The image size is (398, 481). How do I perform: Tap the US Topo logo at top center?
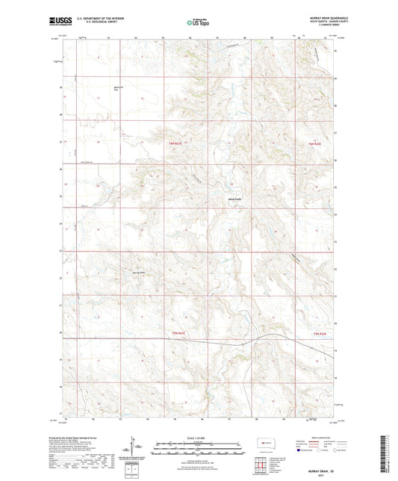[x=198, y=23]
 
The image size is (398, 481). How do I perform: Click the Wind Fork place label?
[x=234, y=198]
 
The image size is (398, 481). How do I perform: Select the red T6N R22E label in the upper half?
[x=314, y=144]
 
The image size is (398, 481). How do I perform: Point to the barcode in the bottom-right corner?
[x=391, y=451]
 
